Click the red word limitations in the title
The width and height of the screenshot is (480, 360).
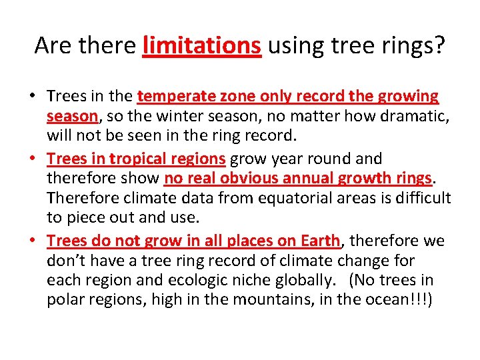[201, 45]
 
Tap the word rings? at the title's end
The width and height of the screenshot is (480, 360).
[414, 45]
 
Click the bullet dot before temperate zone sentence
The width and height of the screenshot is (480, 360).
[32, 97]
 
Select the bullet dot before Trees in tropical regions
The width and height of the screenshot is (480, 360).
[32, 159]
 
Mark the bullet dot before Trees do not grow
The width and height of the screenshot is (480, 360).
[32, 241]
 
